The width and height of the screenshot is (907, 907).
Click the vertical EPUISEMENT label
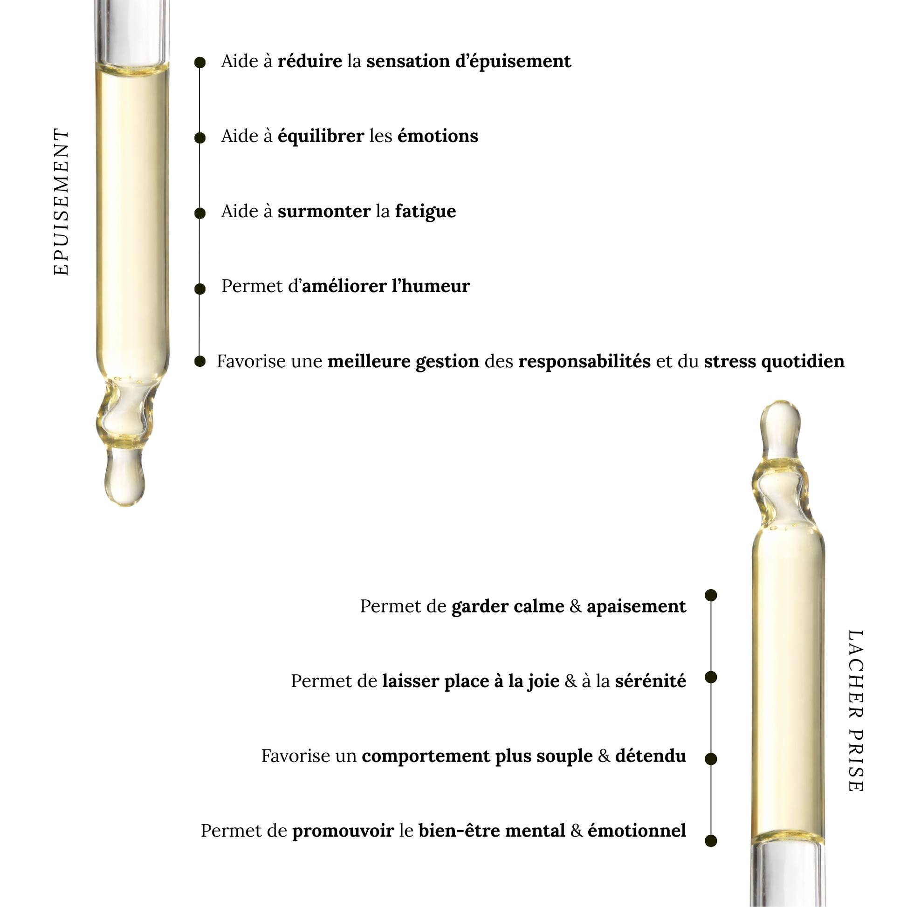point(62,202)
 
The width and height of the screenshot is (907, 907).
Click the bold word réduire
point(310,62)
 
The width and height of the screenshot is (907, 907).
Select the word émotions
point(438,136)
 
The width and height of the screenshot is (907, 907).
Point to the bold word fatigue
point(426,212)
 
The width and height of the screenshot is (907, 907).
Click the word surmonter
point(324,212)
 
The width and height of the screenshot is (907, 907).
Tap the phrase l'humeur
point(431,286)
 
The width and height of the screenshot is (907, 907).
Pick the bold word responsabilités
point(584,362)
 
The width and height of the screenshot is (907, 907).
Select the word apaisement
point(636,606)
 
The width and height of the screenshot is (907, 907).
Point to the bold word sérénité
point(650,681)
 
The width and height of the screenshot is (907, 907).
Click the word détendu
point(650,756)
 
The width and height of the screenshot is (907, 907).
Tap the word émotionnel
point(637,831)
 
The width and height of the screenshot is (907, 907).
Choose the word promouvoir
point(343,831)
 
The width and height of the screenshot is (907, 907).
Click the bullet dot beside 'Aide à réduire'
point(200,62)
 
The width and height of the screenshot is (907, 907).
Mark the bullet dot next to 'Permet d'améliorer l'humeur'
point(200,289)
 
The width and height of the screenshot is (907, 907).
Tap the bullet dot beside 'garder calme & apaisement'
point(711,596)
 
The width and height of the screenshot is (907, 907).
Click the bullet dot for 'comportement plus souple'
point(711,759)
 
